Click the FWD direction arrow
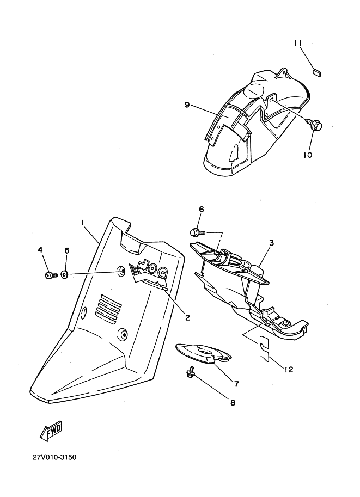point(51,431)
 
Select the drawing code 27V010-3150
point(54,457)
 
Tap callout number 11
point(298,43)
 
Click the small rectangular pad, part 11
point(317,73)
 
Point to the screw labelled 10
point(314,125)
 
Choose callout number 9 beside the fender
point(187,105)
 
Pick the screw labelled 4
point(51,275)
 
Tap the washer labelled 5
point(64,274)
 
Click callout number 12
point(289,369)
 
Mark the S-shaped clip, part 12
point(265,348)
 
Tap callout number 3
point(272,243)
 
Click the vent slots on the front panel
point(108,307)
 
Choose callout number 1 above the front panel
point(82,223)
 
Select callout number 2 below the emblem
point(187,317)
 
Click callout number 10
point(308,155)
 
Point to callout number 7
point(236,384)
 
